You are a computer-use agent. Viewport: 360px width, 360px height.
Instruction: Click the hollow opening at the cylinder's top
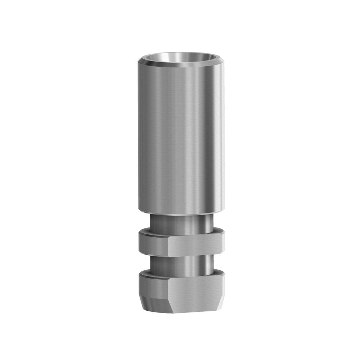coord(180,58)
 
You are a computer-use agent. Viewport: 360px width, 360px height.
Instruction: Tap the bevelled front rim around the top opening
coord(180,66)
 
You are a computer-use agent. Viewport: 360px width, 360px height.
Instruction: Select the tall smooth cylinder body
coord(180,137)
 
